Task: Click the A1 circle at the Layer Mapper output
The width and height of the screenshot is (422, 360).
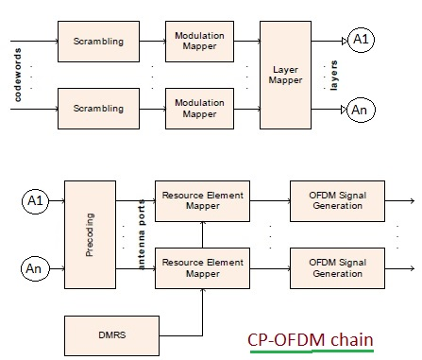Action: (x=360, y=40)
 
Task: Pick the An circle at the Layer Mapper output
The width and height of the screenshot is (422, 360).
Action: (x=360, y=110)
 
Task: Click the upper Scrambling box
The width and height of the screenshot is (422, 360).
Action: (x=99, y=42)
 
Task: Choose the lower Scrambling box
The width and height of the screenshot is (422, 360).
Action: (x=99, y=110)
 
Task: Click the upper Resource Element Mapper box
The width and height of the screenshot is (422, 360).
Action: (x=202, y=200)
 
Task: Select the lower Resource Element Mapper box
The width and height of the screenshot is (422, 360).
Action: (x=202, y=268)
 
